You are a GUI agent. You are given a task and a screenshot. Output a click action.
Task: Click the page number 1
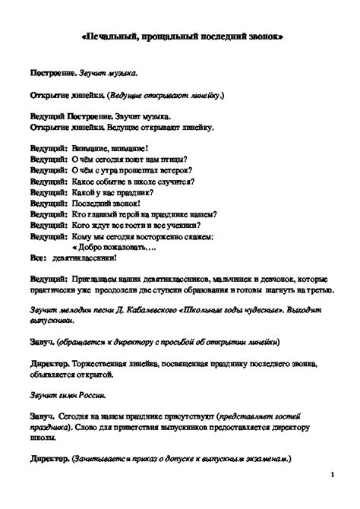(x=333, y=475)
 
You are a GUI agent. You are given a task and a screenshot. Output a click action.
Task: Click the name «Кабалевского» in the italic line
(x=139, y=311)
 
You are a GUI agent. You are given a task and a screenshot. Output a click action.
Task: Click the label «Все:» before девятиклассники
(x=39, y=258)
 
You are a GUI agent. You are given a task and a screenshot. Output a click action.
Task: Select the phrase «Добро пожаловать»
(x=107, y=248)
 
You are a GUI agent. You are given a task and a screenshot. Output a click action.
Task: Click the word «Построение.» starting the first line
(x=53, y=75)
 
